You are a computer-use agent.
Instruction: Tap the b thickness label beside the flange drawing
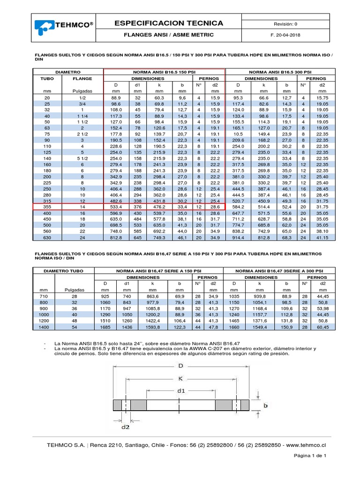pyautogui.click(x=265, y=406)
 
